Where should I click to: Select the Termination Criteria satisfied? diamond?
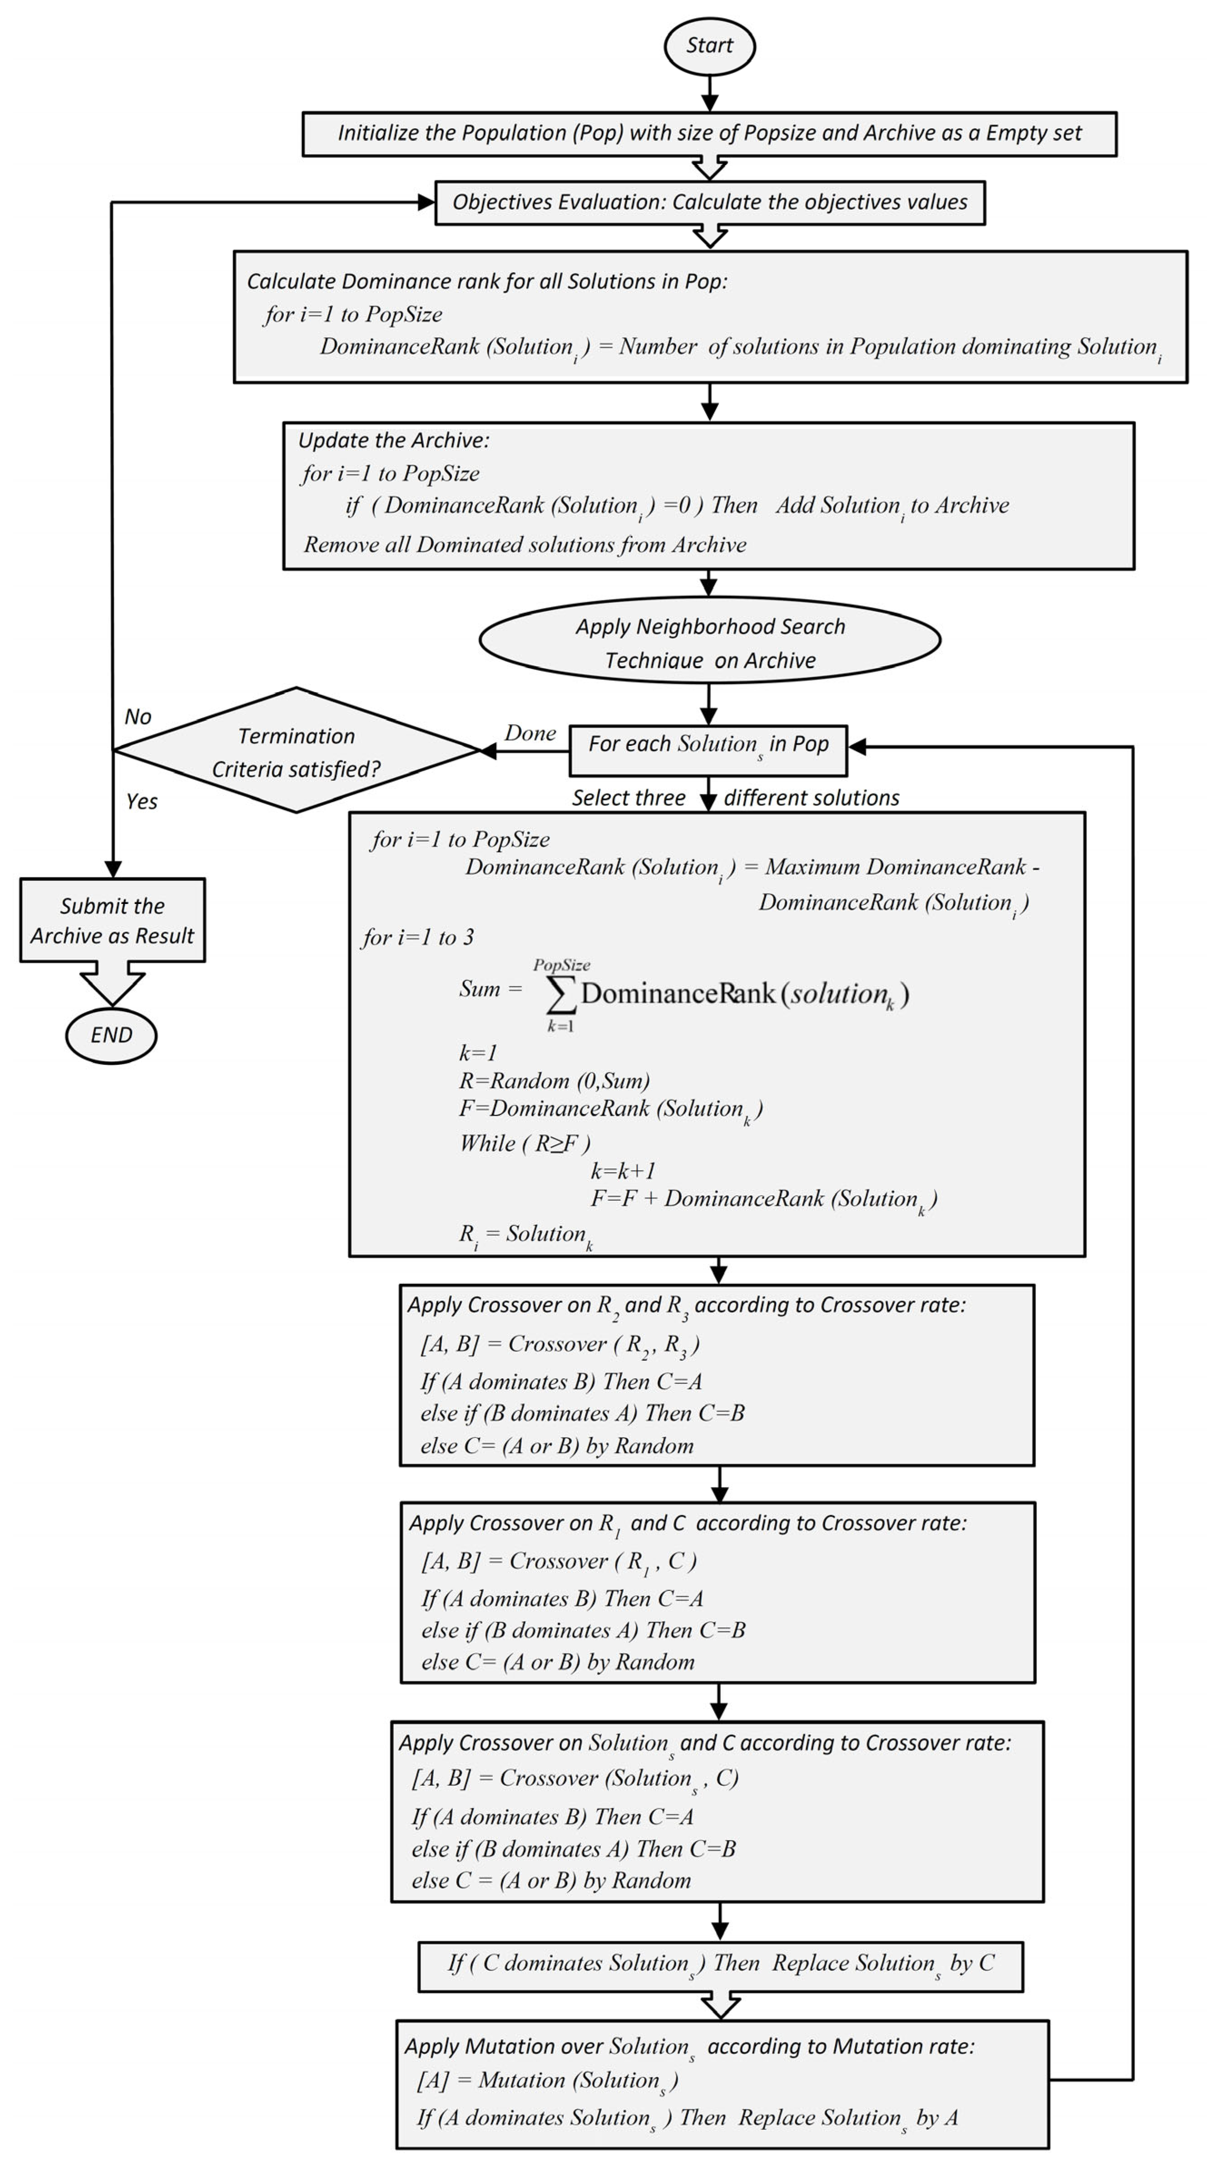pos(296,750)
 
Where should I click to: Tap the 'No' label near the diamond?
pos(138,717)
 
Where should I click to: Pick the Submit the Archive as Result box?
pos(112,920)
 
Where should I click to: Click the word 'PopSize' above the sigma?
pos(561,965)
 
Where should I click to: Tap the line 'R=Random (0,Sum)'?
pos(554,1081)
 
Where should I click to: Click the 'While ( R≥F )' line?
pos(525,1143)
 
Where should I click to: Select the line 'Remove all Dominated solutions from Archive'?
pos(525,545)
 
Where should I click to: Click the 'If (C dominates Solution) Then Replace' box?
pos(720,1964)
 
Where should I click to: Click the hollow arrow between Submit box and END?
pos(112,984)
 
